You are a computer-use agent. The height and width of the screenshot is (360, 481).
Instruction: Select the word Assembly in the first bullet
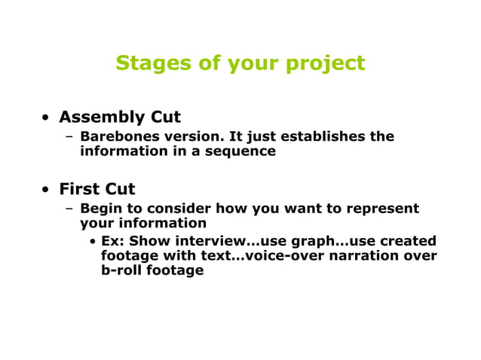102,117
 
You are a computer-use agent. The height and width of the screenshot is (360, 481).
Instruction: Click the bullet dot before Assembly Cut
47,118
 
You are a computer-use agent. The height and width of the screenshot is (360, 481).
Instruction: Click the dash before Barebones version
69,137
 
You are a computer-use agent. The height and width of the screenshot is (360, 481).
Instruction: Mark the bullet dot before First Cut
47,190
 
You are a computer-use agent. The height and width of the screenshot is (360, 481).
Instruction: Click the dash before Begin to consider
69,209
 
